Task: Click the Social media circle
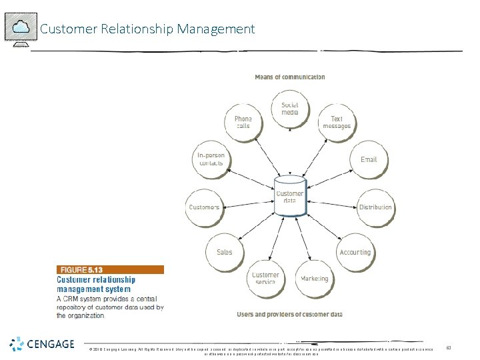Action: pyautogui.click(x=289, y=109)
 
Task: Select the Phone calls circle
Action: pyautogui.click(x=243, y=123)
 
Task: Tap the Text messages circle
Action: pyautogui.click(x=336, y=123)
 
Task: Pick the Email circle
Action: pyautogui.click(x=369, y=159)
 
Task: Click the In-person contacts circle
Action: pyautogui.click(x=211, y=159)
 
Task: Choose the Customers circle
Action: pyautogui.click(x=204, y=207)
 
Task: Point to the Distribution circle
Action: pyautogui.click(x=375, y=207)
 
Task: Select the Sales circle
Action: pyautogui.click(x=225, y=252)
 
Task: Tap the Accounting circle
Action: pyautogui.click(x=355, y=252)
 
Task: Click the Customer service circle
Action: pyautogui.click(x=265, y=279)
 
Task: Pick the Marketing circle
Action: pyautogui.click(x=314, y=279)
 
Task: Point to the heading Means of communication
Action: pyautogui.click(x=290, y=77)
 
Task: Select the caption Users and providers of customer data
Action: pyautogui.click(x=289, y=314)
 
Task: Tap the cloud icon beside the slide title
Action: pyautogui.click(x=21, y=27)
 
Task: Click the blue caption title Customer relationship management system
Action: pyautogui.click(x=96, y=285)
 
